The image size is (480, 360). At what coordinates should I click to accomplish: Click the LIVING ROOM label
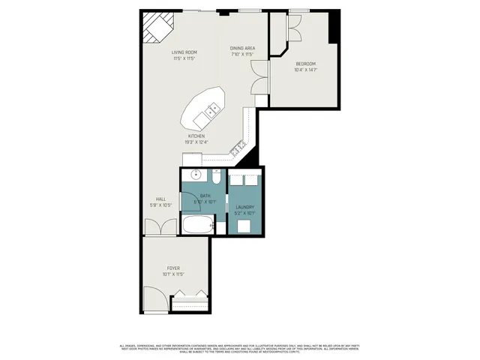184,52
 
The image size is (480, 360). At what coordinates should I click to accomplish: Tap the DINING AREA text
243,48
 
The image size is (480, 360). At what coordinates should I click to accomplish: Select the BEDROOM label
305,64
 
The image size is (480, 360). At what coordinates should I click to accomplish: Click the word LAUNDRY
244,207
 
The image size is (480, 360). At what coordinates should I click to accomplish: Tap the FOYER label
173,268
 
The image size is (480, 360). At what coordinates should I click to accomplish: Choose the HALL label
161,199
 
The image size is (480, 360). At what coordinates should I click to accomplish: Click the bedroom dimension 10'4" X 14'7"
305,70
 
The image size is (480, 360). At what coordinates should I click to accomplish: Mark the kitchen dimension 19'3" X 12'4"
196,142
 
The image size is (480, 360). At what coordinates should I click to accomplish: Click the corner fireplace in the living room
158,28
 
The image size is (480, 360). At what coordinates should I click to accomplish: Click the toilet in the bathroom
214,178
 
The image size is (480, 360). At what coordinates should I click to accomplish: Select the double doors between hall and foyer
160,227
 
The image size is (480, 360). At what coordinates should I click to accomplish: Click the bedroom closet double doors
292,30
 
